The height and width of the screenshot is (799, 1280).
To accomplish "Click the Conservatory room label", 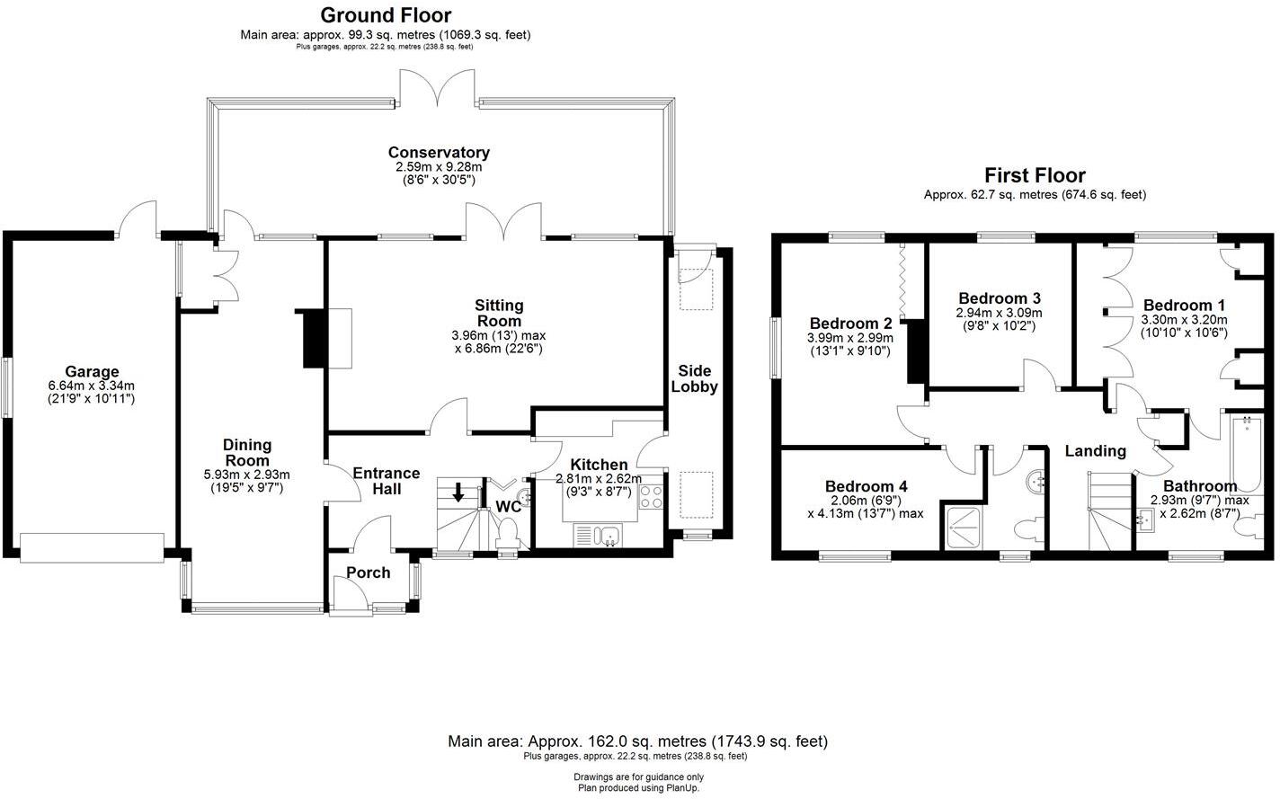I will [x=439, y=153].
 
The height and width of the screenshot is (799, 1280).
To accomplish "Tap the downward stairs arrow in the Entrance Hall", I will [x=458, y=493].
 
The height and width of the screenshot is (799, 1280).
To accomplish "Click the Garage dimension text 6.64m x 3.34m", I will [x=91, y=386].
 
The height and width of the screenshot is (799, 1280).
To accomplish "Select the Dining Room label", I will [x=247, y=452].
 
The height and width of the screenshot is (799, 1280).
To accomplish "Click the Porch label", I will [x=369, y=573].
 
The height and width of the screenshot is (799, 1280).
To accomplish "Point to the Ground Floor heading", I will [x=386, y=15].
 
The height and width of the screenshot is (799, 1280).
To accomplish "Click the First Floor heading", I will [x=1035, y=175].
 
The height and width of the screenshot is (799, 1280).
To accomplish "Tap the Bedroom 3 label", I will [x=1000, y=298].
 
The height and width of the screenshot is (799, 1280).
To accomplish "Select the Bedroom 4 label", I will [x=860, y=487].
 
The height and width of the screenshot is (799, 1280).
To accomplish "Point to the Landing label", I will [x=1095, y=451].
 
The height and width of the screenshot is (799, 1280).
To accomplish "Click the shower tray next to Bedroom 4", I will [x=962, y=527].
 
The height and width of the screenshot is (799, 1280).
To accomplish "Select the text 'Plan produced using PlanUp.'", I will [x=638, y=788].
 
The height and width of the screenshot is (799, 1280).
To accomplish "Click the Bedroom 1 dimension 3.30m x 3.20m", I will [x=1184, y=319].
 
